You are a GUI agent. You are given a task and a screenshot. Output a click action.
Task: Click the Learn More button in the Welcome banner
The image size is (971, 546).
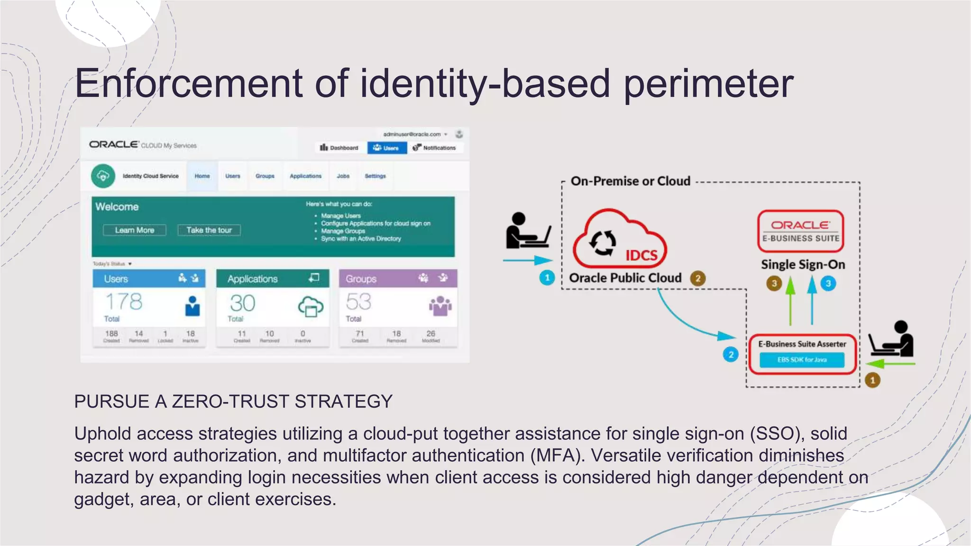(x=135, y=230)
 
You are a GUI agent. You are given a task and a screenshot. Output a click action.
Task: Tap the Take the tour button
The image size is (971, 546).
(x=209, y=230)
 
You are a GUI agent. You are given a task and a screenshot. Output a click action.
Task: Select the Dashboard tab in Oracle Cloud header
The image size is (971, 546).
(x=339, y=148)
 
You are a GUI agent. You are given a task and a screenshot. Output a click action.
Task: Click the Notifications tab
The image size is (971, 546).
(x=434, y=148)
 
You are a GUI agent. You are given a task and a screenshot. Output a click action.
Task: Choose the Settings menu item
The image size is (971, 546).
(x=375, y=176)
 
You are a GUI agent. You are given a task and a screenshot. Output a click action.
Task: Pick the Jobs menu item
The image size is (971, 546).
(x=343, y=176)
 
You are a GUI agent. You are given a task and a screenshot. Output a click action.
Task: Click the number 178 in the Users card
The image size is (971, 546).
(x=124, y=302)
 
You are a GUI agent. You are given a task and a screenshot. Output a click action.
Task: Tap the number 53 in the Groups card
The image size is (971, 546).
(x=358, y=302)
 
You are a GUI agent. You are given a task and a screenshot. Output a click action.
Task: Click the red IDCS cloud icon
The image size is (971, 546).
(x=619, y=241)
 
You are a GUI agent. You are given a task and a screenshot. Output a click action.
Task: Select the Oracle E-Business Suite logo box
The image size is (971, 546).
(x=801, y=231)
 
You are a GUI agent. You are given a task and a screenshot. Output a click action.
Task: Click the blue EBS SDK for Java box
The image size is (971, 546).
(x=802, y=360)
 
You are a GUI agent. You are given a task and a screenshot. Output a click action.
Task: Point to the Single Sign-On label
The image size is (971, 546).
(x=803, y=264)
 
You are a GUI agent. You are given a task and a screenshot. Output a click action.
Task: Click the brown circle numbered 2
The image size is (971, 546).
(x=697, y=278)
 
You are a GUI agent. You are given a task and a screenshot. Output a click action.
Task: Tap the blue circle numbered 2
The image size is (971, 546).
(x=731, y=355)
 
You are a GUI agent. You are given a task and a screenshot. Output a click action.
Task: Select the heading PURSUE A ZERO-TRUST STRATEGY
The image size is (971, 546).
(x=233, y=401)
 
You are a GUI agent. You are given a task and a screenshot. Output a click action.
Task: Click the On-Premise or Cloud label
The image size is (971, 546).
(x=630, y=181)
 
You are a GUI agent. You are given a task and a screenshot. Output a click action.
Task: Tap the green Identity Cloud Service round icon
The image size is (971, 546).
(x=103, y=176)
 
